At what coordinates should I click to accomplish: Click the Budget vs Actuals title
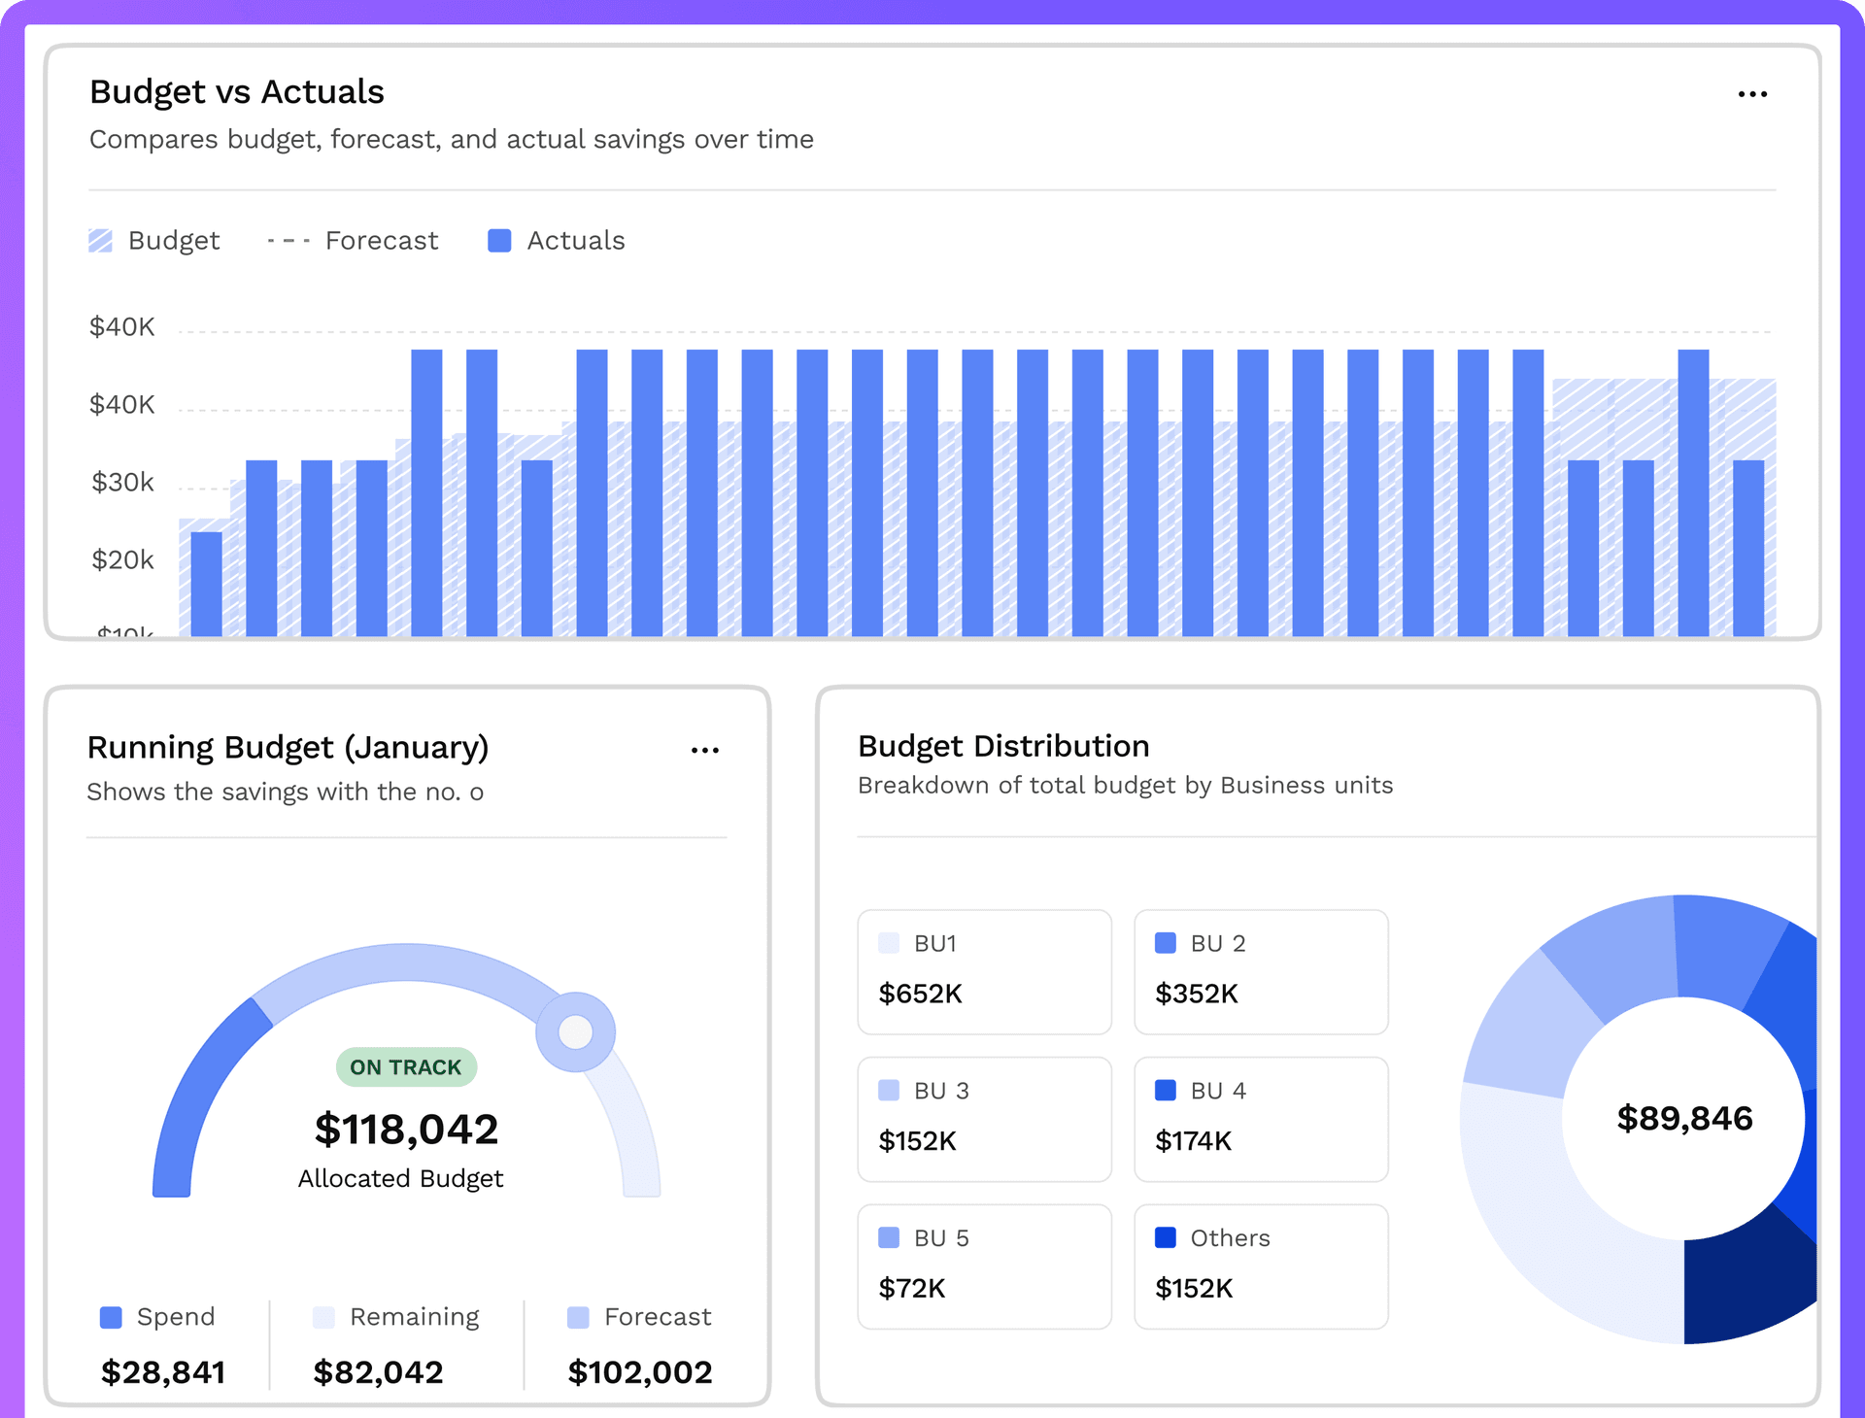pos(237,92)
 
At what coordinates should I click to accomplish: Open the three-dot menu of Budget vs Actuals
pos(1752,94)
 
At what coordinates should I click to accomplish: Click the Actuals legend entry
pos(557,241)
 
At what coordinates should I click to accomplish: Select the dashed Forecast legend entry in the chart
pos(353,241)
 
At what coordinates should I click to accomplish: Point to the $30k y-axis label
pos(122,483)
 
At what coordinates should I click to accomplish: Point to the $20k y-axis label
pos(122,560)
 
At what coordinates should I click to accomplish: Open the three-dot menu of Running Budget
pos(705,751)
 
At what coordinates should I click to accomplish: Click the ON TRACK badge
pos(406,1067)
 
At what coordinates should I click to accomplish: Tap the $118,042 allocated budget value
pos(406,1130)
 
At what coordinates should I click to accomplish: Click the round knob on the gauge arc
pos(576,1031)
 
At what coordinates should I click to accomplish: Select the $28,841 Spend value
pos(163,1372)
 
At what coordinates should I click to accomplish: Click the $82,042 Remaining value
pos(378,1372)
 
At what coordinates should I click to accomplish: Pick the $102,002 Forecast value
pos(640,1372)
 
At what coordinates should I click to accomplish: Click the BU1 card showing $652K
pos(984,972)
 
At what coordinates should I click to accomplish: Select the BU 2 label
pos(1218,944)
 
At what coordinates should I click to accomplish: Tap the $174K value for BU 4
pos(1194,1141)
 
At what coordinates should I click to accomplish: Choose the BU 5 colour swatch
pos(889,1238)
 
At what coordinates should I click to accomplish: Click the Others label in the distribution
pos(1230,1238)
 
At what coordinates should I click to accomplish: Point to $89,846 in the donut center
pos(1684,1119)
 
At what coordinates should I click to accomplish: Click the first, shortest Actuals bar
pos(207,584)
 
